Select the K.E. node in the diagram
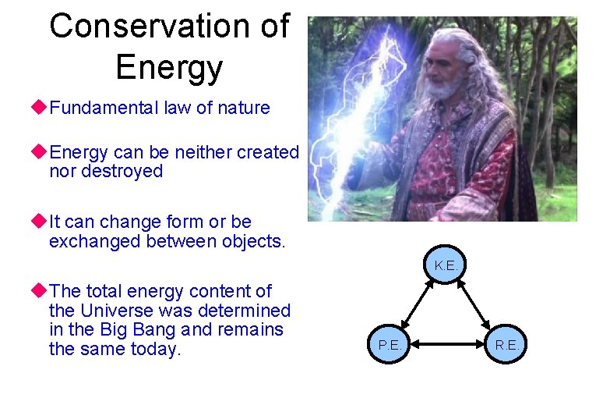[x=446, y=265]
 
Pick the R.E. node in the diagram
[x=507, y=343]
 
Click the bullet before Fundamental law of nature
[x=41, y=108]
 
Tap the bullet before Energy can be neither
[x=41, y=152]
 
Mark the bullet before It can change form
[x=41, y=222]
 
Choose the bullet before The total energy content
[x=41, y=291]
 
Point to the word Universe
[x=121, y=311]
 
